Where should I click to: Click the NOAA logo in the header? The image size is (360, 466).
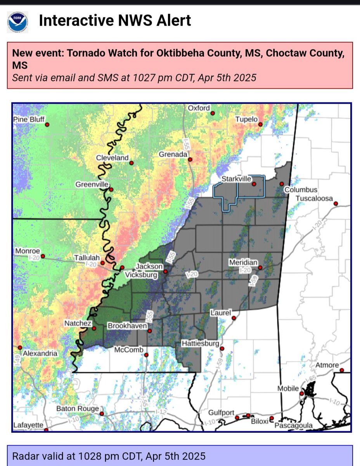click(17, 22)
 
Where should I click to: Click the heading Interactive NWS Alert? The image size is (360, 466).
click(115, 21)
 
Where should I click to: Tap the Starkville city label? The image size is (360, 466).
click(236, 179)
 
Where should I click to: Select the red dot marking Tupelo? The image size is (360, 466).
click(261, 125)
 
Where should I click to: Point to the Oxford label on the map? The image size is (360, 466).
click(199, 108)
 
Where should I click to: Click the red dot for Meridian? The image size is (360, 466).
click(260, 268)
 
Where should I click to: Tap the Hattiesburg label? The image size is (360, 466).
click(201, 343)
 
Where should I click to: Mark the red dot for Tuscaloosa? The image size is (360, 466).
click(336, 203)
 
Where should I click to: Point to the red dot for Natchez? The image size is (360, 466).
click(94, 329)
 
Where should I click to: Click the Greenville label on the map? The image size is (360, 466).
click(92, 185)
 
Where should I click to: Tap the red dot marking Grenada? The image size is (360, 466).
click(190, 159)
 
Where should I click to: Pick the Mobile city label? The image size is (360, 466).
click(288, 389)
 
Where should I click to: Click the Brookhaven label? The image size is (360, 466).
click(127, 326)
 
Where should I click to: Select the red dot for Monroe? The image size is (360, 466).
click(43, 256)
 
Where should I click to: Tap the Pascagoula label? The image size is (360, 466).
click(294, 426)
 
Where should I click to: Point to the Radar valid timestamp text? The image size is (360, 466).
click(109, 456)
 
